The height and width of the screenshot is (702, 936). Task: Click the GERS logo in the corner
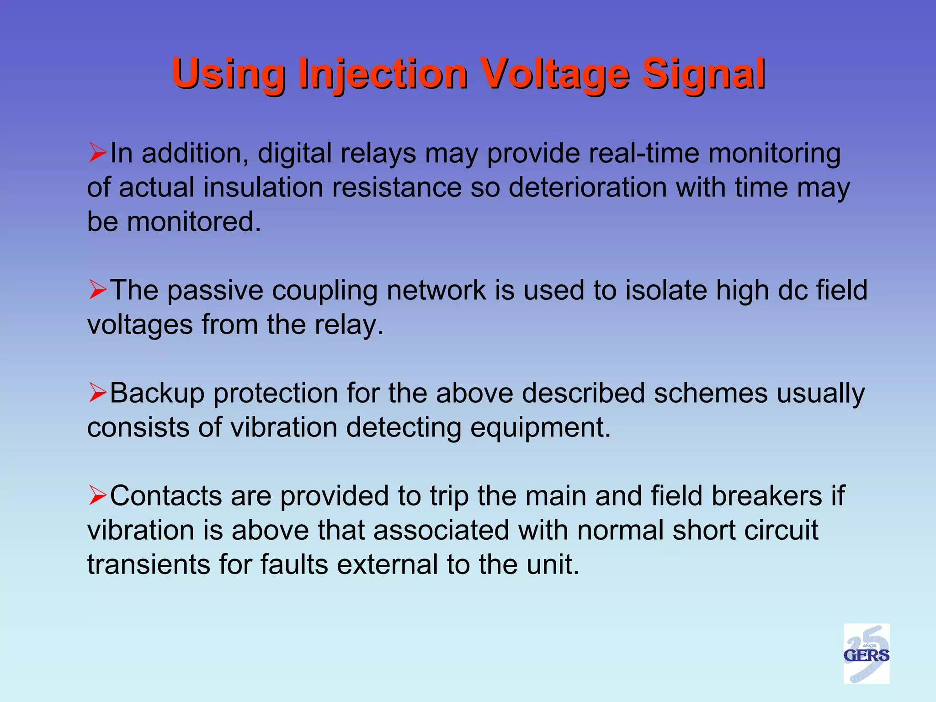(866, 654)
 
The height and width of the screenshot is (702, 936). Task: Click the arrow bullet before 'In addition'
(98, 153)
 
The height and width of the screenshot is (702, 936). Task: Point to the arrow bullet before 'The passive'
(98, 290)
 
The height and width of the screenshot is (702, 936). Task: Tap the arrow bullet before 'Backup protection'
(98, 393)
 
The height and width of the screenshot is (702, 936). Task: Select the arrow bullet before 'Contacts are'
(98, 495)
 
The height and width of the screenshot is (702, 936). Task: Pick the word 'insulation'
(263, 187)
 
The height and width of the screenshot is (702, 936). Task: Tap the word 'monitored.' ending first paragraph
(194, 222)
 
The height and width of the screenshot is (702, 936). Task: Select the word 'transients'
(149, 564)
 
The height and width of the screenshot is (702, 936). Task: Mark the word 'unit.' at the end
(553, 564)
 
